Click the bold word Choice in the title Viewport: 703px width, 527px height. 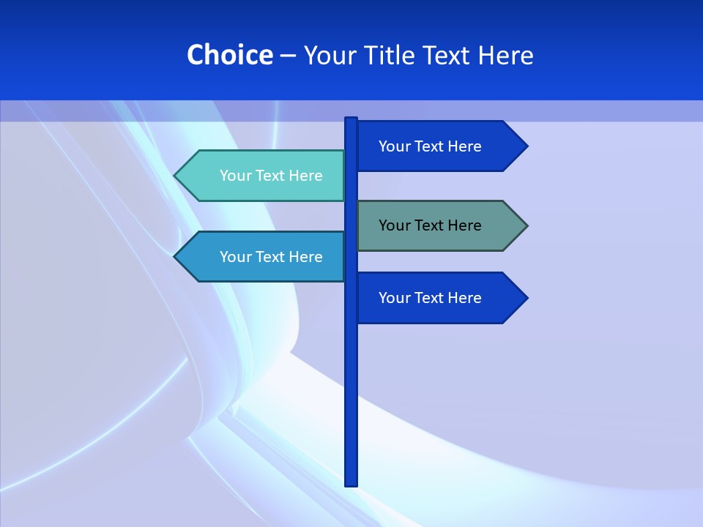point(229,55)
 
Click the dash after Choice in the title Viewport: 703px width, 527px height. point(288,56)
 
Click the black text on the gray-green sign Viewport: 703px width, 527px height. point(430,225)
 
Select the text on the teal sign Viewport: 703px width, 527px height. point(271,176)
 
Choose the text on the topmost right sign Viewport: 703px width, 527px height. point(430,146)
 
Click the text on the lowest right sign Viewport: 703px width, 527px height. point(430,298)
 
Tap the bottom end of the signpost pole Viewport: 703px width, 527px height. point(351,483)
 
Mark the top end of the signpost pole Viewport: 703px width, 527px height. point(351,119)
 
